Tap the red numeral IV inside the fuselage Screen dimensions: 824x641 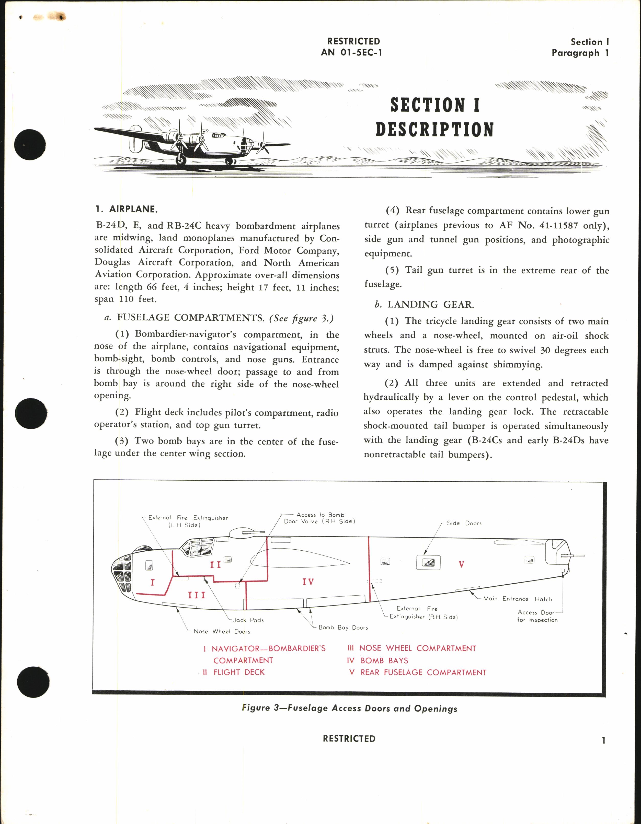click(x=308, y=582)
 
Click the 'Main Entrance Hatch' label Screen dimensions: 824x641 click(x=517, y=599)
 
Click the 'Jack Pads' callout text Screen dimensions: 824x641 click(x=248, y=620)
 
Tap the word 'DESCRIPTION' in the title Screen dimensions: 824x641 click(x=434, y=129)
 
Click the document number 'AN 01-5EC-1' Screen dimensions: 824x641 click(x=351, y=52)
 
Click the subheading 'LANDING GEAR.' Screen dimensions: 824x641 click(x=430, y=305)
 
